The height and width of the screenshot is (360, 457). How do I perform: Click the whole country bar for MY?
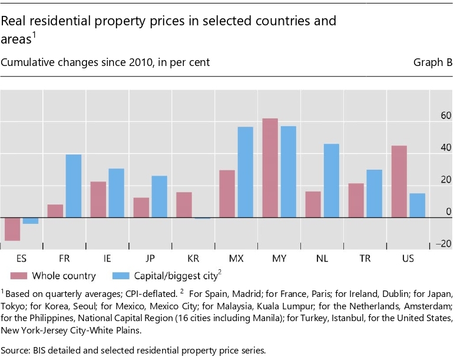(x=270, y=168)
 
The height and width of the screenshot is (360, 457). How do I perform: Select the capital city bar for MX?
(x=245, y=172)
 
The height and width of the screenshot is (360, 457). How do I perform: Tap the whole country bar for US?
(x=399, y=181)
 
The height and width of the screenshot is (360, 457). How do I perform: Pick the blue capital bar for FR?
(x=74, y=186)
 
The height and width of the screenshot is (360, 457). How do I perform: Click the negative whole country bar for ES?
(x=12, y=229)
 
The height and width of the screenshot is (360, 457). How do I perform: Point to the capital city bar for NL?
(x=331, y=181)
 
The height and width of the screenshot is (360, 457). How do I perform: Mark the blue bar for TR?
(x=375, y=194)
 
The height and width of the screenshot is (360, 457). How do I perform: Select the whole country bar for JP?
(x=141, y=207)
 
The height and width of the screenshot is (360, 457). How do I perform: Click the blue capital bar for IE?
(x=117, y=193)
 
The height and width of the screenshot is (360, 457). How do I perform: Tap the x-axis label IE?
(x=108, y=258)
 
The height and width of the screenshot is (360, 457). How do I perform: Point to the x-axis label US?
(x=408, y=258)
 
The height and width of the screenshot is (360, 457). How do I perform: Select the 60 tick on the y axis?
(x=445, y=115)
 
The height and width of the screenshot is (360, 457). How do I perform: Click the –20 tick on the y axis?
(x=443, y=243)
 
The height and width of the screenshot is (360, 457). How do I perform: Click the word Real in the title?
(x=13, y=22)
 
